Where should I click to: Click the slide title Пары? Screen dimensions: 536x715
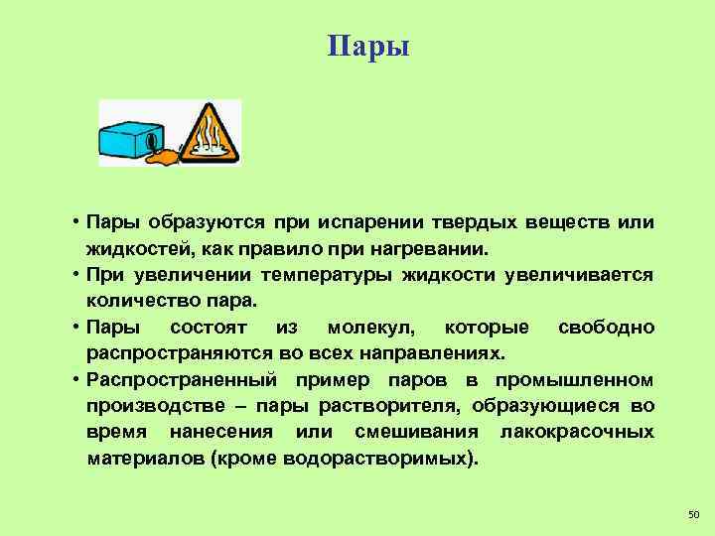tap(367, 47)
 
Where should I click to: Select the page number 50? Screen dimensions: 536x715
tap(693, 513)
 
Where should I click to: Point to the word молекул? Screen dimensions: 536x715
tap(372, 328)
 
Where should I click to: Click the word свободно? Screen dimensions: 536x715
tap(606, 328)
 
